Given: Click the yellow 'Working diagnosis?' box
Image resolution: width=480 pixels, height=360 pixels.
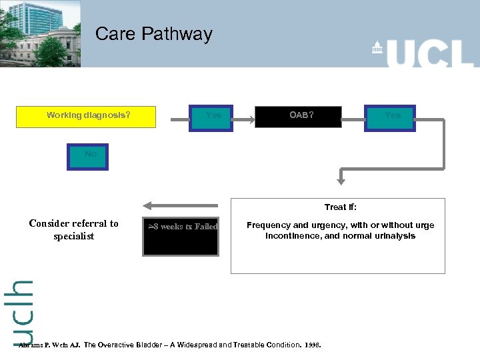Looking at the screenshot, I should coord(88,116).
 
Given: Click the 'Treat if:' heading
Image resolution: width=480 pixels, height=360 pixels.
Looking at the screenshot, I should coord(340,207).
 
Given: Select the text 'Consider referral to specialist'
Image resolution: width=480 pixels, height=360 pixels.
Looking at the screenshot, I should coord(74,229).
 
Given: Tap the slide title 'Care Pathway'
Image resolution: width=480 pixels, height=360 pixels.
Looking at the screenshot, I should coord(153,34).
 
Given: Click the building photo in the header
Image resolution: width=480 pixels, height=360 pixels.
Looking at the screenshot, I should coord(40,33).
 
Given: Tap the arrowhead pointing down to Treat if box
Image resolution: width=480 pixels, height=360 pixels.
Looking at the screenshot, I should coord(340,179).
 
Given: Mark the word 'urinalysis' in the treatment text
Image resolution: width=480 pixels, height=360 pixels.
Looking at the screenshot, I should coord(394,235).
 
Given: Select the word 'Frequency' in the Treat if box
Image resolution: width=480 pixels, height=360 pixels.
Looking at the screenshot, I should coord(267,225).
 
